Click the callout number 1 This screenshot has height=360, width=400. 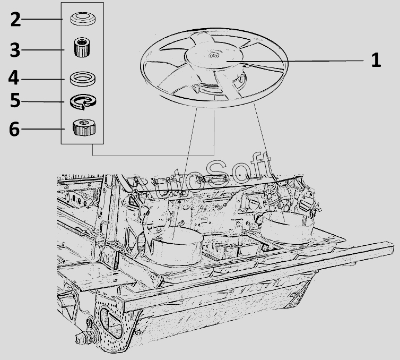click(376, 60)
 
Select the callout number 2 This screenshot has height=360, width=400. click(15, 20)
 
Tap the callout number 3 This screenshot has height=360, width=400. click(15, 50)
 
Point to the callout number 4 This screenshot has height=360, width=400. click(13, 78)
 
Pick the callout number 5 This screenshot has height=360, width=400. click(15, 100)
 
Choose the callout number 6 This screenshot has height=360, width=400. click(14, 129)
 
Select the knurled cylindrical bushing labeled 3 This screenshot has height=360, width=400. click(82, 47)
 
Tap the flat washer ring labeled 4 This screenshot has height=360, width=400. click(83, 79)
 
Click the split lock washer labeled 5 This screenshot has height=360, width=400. click(83, 102)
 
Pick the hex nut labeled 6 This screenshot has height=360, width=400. click(84, 127)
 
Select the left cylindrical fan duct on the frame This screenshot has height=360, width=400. click(174, 246)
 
